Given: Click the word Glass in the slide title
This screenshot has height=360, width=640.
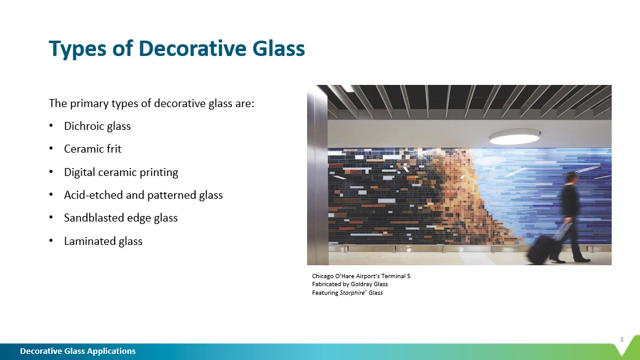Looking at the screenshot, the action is coord(278,48).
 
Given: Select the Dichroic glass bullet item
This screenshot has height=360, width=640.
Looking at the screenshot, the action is coord(97,126).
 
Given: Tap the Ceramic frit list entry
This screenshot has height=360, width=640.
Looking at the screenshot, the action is coord(93,149).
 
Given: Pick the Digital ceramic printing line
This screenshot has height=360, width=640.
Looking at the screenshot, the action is coord(121,172).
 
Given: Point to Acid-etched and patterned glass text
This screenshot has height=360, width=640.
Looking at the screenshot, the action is coord(143,195).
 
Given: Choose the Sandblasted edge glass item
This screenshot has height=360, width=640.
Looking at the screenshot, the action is coord(121,218).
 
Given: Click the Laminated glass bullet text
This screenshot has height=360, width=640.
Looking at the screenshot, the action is coord(103,241).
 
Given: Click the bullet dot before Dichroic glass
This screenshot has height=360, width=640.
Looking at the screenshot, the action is coord(51,126).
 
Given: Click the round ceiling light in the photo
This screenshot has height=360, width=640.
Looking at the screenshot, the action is coord(514,137).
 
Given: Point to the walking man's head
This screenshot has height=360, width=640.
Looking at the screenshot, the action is coord(572,178).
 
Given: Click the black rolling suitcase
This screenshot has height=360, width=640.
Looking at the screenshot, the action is coord(541,249).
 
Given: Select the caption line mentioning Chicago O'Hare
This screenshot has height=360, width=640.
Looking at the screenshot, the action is coord(361,276).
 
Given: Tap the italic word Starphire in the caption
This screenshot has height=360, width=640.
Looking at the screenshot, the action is coord(352,293).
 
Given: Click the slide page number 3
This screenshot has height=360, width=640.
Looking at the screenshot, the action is coord(622,339).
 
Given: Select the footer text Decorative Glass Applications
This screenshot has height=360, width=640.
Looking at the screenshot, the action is coord(78,351).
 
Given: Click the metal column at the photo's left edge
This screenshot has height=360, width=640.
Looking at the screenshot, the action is coord(318,175).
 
